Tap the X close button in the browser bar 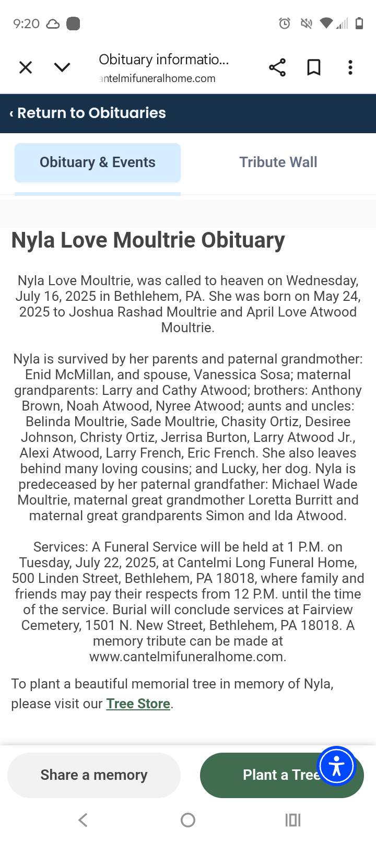pyautogui.click(x=26, y=67)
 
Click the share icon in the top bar pyautogui.click(x=277, y=67)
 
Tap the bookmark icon pyautogui.click(x=314, y=67)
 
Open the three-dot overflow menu pyautogui.click(x=350, y=67)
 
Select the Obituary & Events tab pyautogui.click(x=98, y=162)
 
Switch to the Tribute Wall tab pyautogui.click(x=278, y=162)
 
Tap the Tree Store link pyautogui.click(x=138, y=704)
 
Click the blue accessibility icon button pyautogui.click(x=337, y=766)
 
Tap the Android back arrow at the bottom pyautogui.click(x=83, y=820)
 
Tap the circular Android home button pyautogui.click(x=188, y=820)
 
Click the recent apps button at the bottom pyautogui.click(x=293, y=820)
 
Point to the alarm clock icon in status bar pyautogui.click(x=285, y=24)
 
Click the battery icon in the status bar pyautogui.click(x=359, y=24)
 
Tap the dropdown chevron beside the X pyautogui.click(x=62, y=67)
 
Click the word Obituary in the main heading pyautogui.click(x=243, y=240)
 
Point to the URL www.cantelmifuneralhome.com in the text pyautogui.click(x=187, y=657)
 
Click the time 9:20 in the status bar pyautogui.click(x=26, y=24)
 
